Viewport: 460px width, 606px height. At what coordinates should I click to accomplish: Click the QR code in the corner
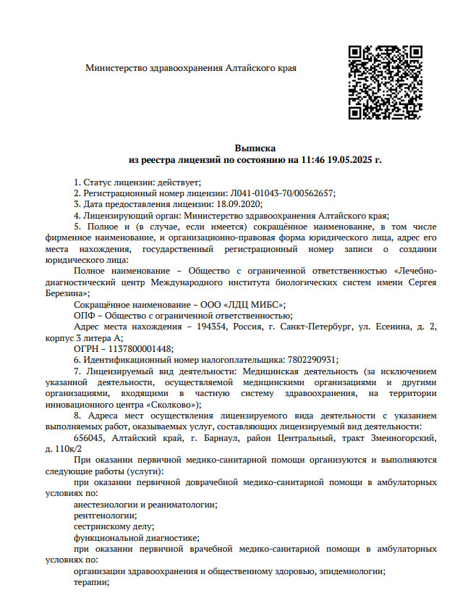click(386, 83)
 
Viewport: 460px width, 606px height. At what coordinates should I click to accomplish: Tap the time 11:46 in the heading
click(312, 159)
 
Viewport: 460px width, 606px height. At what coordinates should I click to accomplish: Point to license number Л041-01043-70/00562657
click(281, 193)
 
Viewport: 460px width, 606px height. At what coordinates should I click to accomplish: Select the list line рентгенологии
click(101, 515)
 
